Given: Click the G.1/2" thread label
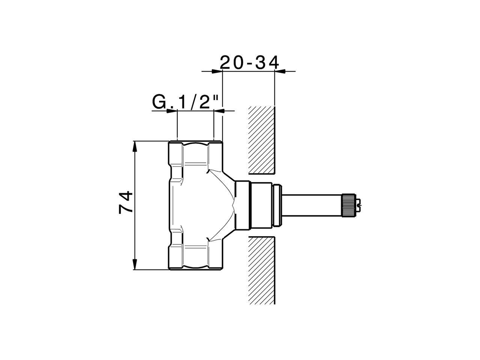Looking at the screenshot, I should point(186,102).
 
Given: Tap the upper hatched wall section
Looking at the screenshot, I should point(262,140).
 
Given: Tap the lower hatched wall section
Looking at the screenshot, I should point(262,270).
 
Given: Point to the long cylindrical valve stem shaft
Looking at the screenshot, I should point(311,205).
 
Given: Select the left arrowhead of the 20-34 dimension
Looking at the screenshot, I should point(216,71).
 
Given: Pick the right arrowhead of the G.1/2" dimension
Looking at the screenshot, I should point(219,111).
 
